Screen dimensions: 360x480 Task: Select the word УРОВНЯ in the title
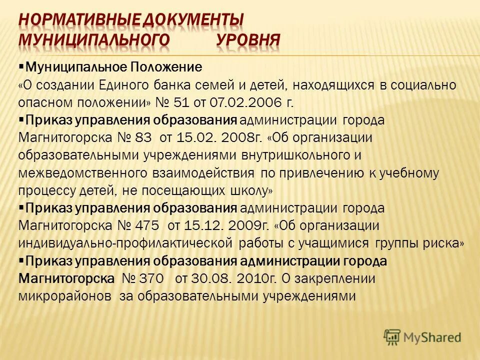point(248,39)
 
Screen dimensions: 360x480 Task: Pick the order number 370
point(151,278)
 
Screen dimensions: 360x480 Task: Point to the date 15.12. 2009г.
point(227,226)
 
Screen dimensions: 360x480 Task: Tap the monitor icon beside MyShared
point(392,336)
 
